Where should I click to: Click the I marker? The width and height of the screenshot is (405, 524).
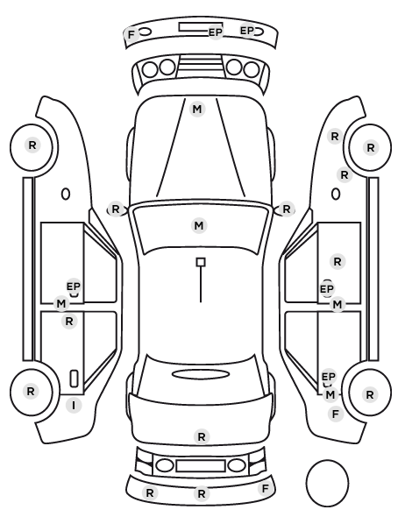(74, 406)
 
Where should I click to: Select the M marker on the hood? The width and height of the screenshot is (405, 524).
(197, 109)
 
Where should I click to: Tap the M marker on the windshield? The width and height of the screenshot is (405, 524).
(199, 225)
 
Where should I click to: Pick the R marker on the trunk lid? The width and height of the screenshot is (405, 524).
(202, 436)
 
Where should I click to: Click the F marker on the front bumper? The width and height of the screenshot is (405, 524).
(131, 34)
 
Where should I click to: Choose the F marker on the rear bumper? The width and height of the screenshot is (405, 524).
(266, 489)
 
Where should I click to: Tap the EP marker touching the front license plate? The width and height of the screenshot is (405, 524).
(216, 32)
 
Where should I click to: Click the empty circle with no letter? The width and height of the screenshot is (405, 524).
(327, 483)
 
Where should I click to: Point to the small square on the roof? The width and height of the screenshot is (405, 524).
(201, 262)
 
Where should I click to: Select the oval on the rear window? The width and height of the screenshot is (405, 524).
(201, 374)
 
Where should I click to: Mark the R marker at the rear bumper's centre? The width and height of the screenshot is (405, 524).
(202, 493)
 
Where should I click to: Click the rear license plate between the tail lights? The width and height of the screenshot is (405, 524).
(201, 465)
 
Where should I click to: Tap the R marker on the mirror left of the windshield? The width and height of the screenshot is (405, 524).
(116, 209)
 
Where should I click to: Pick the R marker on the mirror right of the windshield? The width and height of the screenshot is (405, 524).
(287, 209)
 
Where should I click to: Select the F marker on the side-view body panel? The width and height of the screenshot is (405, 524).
(336, 414)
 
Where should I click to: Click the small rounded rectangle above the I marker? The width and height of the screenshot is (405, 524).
(74, 379)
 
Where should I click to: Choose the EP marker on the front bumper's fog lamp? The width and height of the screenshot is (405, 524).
(247, 31)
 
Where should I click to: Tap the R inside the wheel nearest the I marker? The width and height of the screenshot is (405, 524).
(31, 391)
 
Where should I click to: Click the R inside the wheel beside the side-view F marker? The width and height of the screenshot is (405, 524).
(370, 394)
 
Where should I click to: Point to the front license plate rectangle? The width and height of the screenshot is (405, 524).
(196, 27)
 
